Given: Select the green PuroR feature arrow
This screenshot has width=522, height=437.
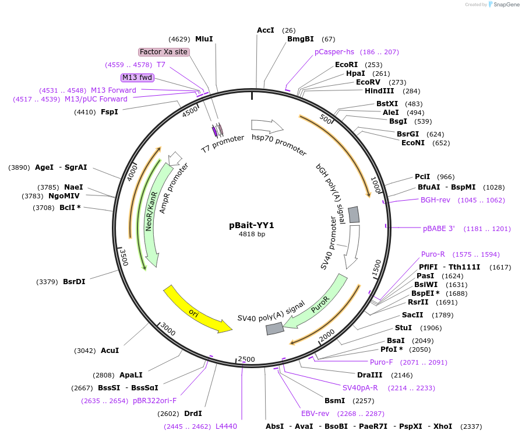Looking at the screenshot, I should [318, 303].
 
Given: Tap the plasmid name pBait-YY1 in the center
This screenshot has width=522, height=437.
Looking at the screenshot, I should [252, 225].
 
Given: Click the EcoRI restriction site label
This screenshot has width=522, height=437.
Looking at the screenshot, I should [346, 65].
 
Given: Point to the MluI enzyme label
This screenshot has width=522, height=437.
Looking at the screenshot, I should [204, 39].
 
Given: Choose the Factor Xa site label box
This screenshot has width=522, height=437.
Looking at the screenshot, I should [164, 52].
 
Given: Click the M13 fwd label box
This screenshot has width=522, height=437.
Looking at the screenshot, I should [137, 78].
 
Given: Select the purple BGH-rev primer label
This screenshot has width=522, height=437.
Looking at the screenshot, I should [435, 200].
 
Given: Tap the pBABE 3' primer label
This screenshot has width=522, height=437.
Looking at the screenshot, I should [439, 228].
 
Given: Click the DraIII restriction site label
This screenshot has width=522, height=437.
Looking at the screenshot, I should [369, 375].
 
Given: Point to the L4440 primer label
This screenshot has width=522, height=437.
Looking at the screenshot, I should [226, 426].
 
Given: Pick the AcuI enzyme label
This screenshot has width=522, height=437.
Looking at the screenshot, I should [110, 351].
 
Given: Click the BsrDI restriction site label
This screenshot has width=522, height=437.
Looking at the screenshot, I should [74, 282].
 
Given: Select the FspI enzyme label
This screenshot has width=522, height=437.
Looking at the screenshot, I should [110, 111].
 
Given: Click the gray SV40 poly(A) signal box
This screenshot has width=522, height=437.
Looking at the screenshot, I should [274, 328].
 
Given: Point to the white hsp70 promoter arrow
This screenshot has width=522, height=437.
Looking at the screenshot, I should [267, 125].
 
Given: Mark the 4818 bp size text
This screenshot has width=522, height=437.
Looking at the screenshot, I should [252, 235].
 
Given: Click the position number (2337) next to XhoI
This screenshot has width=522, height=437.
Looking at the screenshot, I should [471, 426].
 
